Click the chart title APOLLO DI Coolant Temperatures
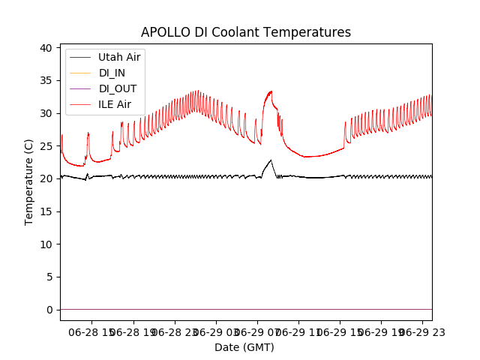click(x=246, y=32)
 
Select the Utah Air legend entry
click(x=119, y=57)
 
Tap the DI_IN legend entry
click(x=113, y=73)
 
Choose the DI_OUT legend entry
click(x=118, y=88)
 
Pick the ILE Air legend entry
click(x=115, y=104)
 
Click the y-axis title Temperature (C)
click(x=29, y=181)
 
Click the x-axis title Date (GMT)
click(x=244, y=347)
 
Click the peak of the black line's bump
click(x=271, y=160)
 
